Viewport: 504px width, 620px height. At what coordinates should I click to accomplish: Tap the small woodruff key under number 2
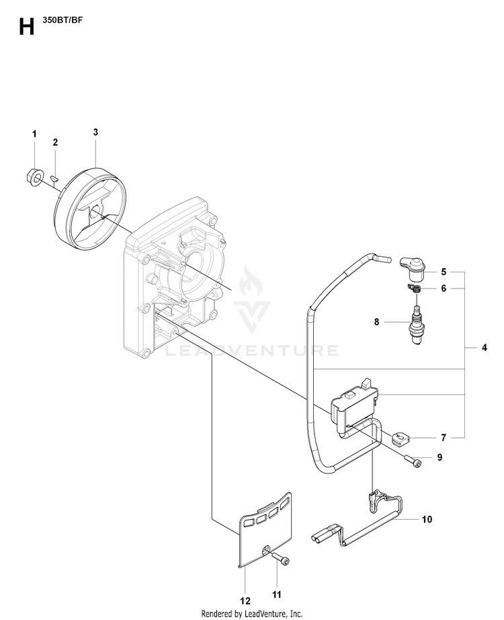[55, 177]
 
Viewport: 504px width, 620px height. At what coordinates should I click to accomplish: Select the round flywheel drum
[90, 210]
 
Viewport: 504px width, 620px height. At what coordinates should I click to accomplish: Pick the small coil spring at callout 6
[413, 289]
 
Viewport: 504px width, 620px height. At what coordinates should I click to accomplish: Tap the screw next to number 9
[413, 462]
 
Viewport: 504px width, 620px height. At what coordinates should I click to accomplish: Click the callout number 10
[427, 519]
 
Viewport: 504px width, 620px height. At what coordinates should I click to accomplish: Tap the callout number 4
[485, 348]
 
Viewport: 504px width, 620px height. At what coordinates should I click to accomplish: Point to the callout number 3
[95, 132]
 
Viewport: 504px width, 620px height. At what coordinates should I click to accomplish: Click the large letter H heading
[26, 28]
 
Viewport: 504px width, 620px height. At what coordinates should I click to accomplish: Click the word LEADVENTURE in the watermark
[251, 350]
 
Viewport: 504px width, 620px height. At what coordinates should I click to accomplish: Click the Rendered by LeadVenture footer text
[252, 613]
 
